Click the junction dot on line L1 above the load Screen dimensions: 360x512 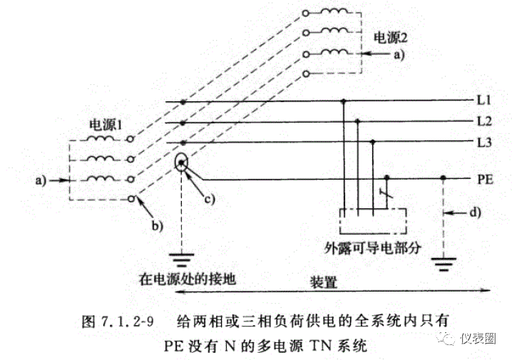tap(345, 101)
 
